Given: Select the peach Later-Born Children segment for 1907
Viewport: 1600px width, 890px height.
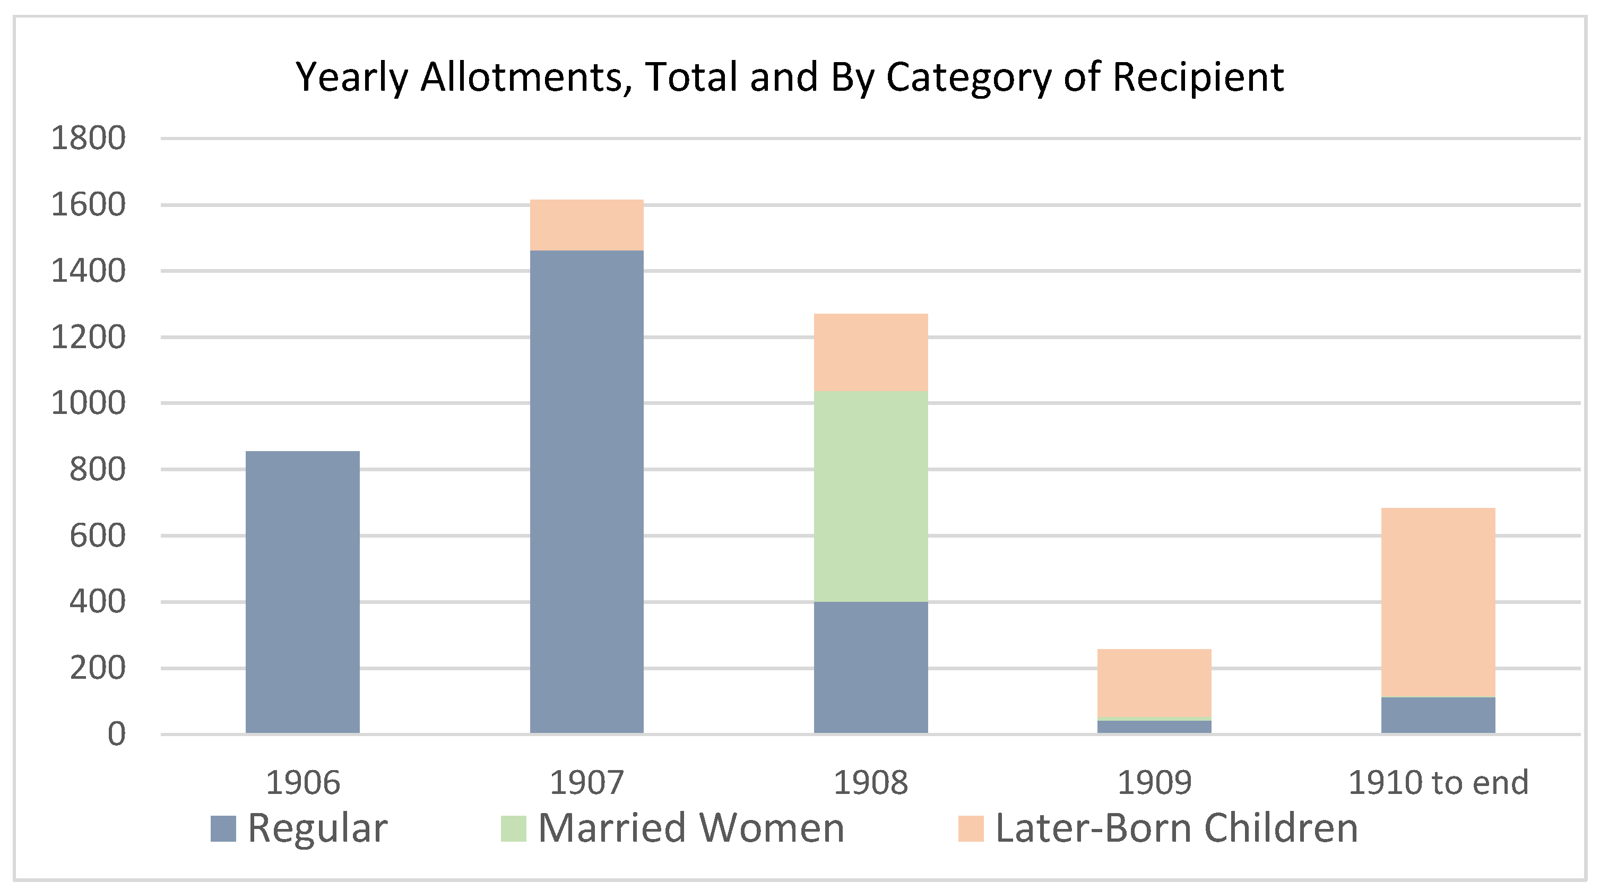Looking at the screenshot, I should pyautogui.click(x=586, y=225).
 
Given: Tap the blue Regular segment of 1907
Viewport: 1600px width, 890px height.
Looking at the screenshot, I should pyautogui.click(x=586, y=491).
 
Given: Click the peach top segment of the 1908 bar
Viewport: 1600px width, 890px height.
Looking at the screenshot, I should pyautogui.click(x=871, y=352).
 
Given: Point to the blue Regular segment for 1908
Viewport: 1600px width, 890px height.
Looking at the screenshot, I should pyautogui.click(x=871, y=667).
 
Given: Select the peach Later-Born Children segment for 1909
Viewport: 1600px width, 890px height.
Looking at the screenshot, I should pyautogui.click(x=1154, y=682).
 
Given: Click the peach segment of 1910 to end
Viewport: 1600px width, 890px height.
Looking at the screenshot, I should pyautogui.click(x=1438, y=602).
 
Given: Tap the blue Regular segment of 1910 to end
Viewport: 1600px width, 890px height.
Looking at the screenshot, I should pyautogui.click(x=1438, y=715).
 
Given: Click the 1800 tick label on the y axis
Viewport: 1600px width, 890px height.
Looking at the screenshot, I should pyautogui.click(x=88, y=138).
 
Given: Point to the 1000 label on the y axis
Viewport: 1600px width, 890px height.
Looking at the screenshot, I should pyautogui.click(x=88, y=403).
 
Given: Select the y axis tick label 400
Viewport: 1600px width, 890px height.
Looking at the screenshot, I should pyautogui.click(x=98, y=602).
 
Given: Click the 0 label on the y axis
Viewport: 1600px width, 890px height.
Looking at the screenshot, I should pyautogui.click(x=116, y=734).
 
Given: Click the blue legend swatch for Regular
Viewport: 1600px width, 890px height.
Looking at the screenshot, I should pyautogui.click(x=223, y=828).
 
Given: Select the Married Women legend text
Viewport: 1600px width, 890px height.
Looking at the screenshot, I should pyautogui.click(x=691, y=828).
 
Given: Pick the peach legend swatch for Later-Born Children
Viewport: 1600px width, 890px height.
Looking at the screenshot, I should pyautogui.click(x=971, y=828).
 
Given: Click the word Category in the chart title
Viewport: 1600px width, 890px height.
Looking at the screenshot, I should pyautogui.click(x=968, y=77).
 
